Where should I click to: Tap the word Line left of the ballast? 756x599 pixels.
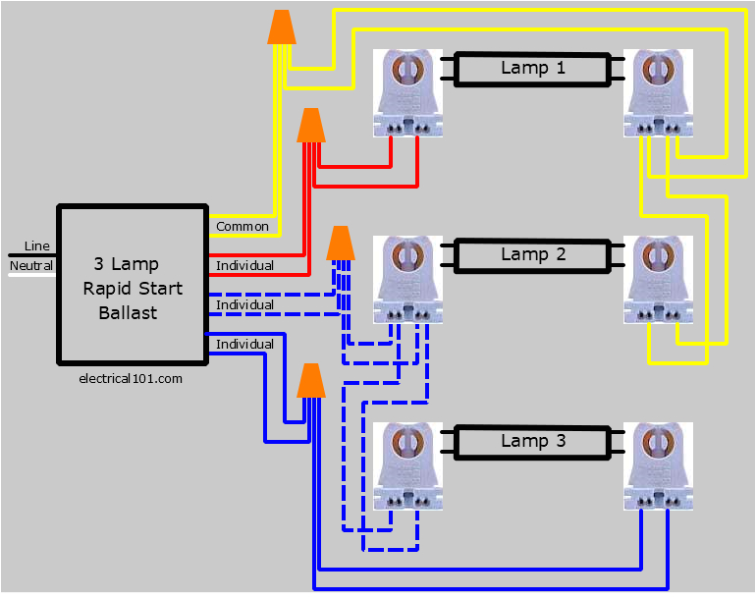36,245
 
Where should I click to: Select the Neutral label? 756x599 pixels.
31,266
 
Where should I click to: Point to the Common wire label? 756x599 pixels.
243,227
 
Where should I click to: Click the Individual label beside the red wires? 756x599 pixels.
244,266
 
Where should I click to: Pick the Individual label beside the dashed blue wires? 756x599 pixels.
244,305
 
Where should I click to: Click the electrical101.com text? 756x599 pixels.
130,377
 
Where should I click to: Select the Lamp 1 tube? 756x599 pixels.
533,69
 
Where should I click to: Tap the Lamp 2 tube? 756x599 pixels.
533,255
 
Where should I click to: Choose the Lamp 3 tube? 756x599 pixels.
533,442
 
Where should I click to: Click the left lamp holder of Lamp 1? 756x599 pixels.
407,93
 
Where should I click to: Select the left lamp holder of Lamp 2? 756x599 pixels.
407,280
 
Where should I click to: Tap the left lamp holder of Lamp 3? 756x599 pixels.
407,466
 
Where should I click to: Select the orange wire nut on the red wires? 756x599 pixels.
311,125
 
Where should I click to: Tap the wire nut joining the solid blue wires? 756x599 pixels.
311,380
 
